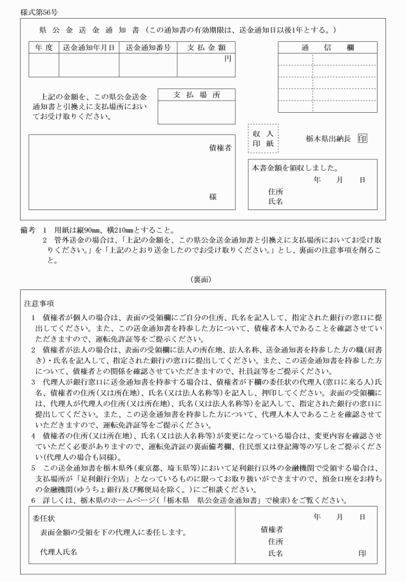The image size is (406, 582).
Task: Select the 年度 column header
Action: [43, 47]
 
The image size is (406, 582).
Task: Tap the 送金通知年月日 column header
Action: [88, 47]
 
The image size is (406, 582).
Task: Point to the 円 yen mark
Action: [227, 59]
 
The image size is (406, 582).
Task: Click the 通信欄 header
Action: [327, 47]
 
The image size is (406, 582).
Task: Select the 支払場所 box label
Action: [197, 95]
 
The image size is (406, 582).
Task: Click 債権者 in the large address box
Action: [220, 148]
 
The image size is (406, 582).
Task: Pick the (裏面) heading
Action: [202, 279]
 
